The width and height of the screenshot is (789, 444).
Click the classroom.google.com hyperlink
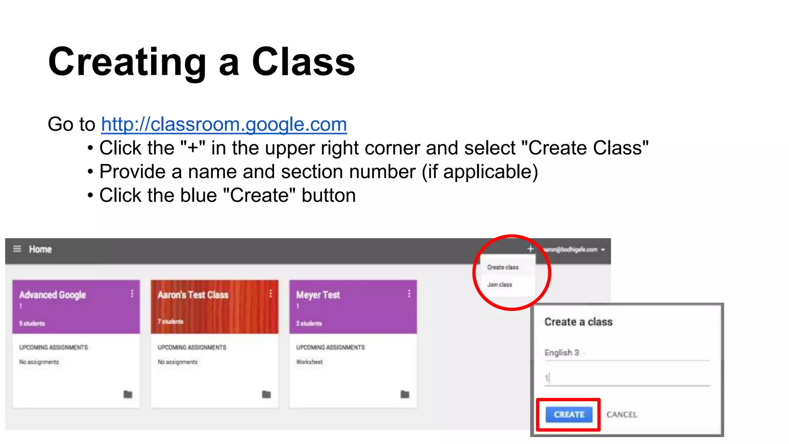(224, 124)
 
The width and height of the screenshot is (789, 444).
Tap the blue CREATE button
(569, 414)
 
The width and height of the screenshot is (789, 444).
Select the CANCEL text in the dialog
(622, 415)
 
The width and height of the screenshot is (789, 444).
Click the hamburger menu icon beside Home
(17, 249)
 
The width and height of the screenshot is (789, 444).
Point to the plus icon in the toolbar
(530, 249)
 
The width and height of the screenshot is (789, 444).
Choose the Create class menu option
(503, 267)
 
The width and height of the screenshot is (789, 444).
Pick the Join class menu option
(500, 284)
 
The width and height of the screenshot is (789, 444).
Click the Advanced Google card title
(52, 295)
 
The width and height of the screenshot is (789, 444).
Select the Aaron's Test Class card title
(193, 295)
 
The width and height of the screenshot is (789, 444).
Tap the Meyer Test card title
(318, 295)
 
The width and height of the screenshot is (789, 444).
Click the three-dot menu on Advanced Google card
(132, 294)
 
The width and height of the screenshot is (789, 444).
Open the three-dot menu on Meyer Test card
(409, 294)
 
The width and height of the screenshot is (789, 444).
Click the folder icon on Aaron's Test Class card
(266, 394)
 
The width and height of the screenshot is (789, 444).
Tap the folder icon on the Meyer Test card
(405, 394)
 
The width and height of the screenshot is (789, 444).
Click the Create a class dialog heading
(578, 322)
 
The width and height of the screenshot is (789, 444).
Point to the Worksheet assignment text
(309, 362)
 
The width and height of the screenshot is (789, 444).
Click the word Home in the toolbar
(40, 249)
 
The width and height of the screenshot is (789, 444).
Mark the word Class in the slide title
(303, 62)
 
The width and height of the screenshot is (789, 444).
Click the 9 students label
(32, 323)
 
